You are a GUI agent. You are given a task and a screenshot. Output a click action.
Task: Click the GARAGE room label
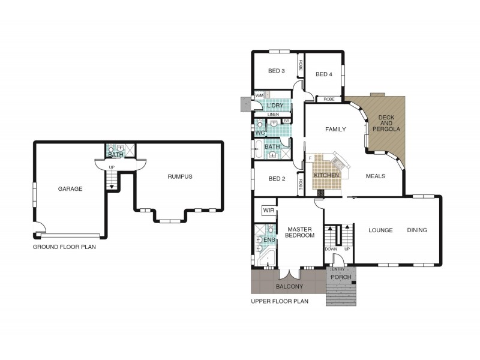(70, 189)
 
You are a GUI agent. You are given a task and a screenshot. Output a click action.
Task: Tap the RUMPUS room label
(180, 176)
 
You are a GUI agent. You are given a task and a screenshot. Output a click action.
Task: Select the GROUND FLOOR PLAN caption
(64, 247)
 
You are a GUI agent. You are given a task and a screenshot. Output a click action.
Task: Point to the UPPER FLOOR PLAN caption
(280, 301)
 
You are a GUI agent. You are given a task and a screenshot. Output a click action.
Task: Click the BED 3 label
(277, 71)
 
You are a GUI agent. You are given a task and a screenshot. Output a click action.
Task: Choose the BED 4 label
(324, 74)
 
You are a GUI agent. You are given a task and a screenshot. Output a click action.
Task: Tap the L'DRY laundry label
(275, 106)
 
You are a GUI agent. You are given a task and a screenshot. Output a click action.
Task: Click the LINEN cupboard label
(273, 115)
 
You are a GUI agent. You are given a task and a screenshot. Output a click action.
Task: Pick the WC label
(260, 133)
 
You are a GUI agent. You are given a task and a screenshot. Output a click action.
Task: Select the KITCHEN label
(326, 175)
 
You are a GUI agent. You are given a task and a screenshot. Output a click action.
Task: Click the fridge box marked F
(310, 158)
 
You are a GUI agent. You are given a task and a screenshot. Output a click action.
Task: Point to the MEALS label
(376, 176)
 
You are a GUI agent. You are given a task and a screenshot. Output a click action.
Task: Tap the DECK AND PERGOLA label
(386, 124)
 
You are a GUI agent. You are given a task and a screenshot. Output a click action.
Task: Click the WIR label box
(269, 211)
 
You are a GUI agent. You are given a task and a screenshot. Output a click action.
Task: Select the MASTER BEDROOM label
(299, 232)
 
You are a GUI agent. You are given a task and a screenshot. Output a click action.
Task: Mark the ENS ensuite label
(269, 240)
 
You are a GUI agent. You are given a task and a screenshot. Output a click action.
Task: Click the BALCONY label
(289, 287)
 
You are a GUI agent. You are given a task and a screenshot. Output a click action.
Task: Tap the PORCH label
(341, 277)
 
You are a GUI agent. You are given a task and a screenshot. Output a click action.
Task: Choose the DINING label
(417, 230)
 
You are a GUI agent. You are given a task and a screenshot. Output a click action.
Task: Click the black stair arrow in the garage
(112, 187)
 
